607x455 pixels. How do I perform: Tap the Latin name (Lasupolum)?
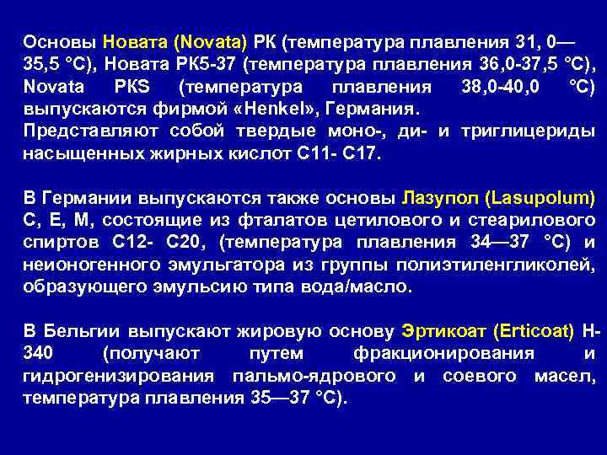pyautogui.click(x=539, y=198)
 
